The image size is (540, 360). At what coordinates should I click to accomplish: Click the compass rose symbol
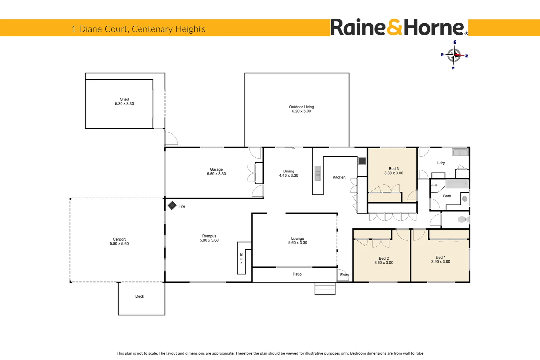tap(454, 55)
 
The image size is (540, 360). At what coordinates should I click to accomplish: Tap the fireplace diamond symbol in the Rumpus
tap(172, 205)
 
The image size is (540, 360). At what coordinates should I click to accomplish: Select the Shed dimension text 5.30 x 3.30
tap(124, 104)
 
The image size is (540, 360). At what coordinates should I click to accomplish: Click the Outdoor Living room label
tap(301, 107)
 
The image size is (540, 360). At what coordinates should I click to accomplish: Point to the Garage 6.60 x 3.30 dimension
tap(216, 174)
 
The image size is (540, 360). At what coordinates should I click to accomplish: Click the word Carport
tap(119, 239)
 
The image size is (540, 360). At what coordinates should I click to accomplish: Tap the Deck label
tap(140, 296)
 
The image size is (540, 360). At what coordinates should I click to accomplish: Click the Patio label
tap(297, 274)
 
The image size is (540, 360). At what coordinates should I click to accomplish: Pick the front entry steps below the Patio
tap(325, 289)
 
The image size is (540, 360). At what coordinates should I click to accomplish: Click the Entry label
tap(344, 275)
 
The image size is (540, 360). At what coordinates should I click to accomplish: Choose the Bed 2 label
tap(384, 258)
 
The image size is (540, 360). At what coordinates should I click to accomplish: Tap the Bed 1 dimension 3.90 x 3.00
tap(440, 262)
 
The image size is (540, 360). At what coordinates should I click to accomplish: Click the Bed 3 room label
tap(393, 169)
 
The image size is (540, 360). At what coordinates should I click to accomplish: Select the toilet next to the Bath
tap(463, 219)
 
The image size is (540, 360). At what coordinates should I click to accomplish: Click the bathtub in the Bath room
tap(457, 184)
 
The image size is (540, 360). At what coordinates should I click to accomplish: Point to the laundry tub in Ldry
tap(460, 152)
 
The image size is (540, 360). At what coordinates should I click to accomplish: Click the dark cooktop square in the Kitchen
tap(362, 161)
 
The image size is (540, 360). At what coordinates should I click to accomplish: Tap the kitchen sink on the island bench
tap(317, 175)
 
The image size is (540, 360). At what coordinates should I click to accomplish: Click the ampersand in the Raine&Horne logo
tap(394, 28)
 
